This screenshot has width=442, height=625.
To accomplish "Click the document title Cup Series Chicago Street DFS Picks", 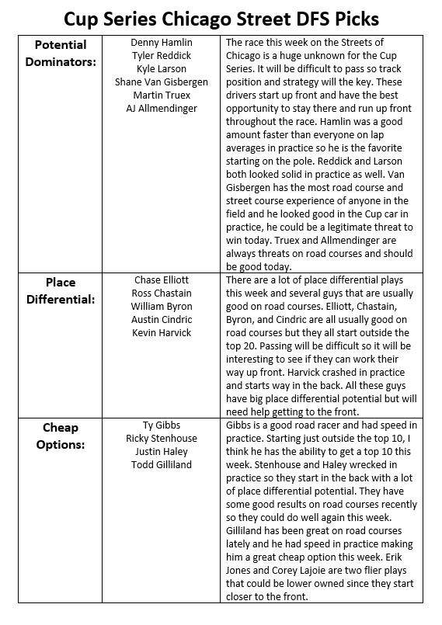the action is pos(220,18).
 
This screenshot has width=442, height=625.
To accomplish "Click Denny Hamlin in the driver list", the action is pos(162,43).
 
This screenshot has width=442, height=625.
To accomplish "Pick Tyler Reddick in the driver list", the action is pos(162,56).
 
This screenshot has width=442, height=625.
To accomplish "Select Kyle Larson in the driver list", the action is pos(162,68).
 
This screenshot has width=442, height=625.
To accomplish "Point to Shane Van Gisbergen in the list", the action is pos(162,82).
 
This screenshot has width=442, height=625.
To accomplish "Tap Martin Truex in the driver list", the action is pos(162,95).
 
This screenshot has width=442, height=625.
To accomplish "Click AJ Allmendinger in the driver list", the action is pos(162,108).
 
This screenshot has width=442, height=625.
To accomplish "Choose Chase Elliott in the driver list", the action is pos(162,280).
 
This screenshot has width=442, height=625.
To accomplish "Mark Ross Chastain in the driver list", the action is pos(162,293).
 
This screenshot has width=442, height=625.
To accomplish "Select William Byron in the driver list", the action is pos(162,306).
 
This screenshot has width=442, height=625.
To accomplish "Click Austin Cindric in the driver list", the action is pos(162,319).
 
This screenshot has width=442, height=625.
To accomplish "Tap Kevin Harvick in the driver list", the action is pos(162,332).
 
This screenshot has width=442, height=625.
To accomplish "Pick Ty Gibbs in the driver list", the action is pos(162,425).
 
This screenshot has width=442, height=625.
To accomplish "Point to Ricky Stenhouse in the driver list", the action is pos(162,439).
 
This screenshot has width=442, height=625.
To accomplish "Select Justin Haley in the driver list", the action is pos(162,452).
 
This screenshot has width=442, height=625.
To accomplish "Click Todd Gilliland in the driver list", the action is pos(162,465).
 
